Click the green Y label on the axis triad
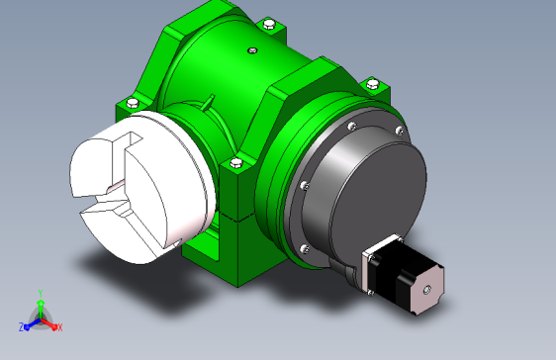(x=41, y=293)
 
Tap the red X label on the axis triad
(x=60, y=327)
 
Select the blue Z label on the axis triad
(x=22, y=327)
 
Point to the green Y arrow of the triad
(x=41, y=309)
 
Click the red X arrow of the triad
(x=48, y=323)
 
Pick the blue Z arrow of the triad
(x=33, y=323)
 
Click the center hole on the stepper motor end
(x=427, y=290)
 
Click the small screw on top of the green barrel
(x=252, y=50)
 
